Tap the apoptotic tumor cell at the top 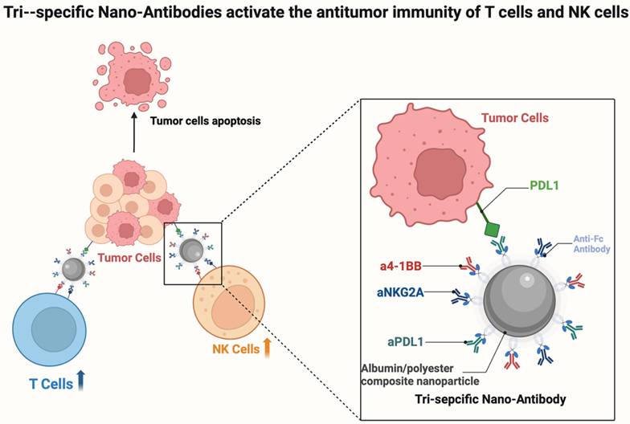(135, 80)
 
